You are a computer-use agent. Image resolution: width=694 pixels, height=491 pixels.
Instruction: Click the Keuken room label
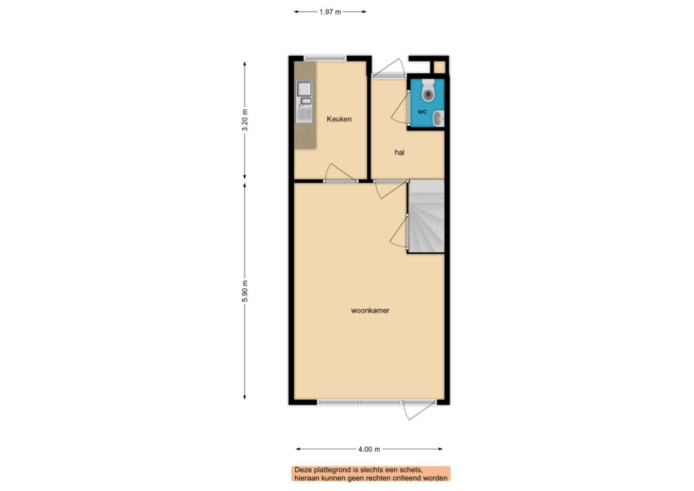pos(339,119)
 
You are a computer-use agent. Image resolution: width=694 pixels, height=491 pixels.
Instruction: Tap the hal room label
pos(399,153)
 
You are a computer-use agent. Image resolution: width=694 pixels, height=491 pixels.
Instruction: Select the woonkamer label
pos(370,311)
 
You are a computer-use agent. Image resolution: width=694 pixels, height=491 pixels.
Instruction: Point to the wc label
pos(422,112)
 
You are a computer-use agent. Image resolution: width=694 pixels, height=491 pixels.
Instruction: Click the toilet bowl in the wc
pos(428,91)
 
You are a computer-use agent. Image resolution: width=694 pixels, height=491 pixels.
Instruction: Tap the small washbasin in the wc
pos(438,118)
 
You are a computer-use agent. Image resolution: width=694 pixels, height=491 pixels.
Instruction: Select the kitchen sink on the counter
pos(304,100)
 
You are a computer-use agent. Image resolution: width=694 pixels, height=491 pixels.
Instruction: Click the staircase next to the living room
pos(426,216)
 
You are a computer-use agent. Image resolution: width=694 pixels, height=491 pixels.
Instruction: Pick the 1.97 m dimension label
pos(330,12)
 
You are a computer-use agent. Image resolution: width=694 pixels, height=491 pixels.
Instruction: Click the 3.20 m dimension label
pos(245,120)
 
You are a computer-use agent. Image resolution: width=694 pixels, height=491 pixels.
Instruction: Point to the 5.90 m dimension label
pos(245,291)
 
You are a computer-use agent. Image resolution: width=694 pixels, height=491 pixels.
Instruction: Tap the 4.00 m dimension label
pos(369,449)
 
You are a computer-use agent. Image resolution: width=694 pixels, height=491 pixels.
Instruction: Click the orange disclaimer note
pos(371,474)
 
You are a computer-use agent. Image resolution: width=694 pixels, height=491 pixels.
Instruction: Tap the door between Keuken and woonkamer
pos(340,173)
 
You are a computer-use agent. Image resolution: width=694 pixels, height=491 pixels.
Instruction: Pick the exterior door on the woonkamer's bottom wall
pos(419,410)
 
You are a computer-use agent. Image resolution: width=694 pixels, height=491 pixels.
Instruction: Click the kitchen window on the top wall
pos(325,58)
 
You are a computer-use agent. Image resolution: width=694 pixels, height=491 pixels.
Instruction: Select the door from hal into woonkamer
pos(390,189)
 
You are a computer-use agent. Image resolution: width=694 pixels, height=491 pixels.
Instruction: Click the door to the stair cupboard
pos(399,231)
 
